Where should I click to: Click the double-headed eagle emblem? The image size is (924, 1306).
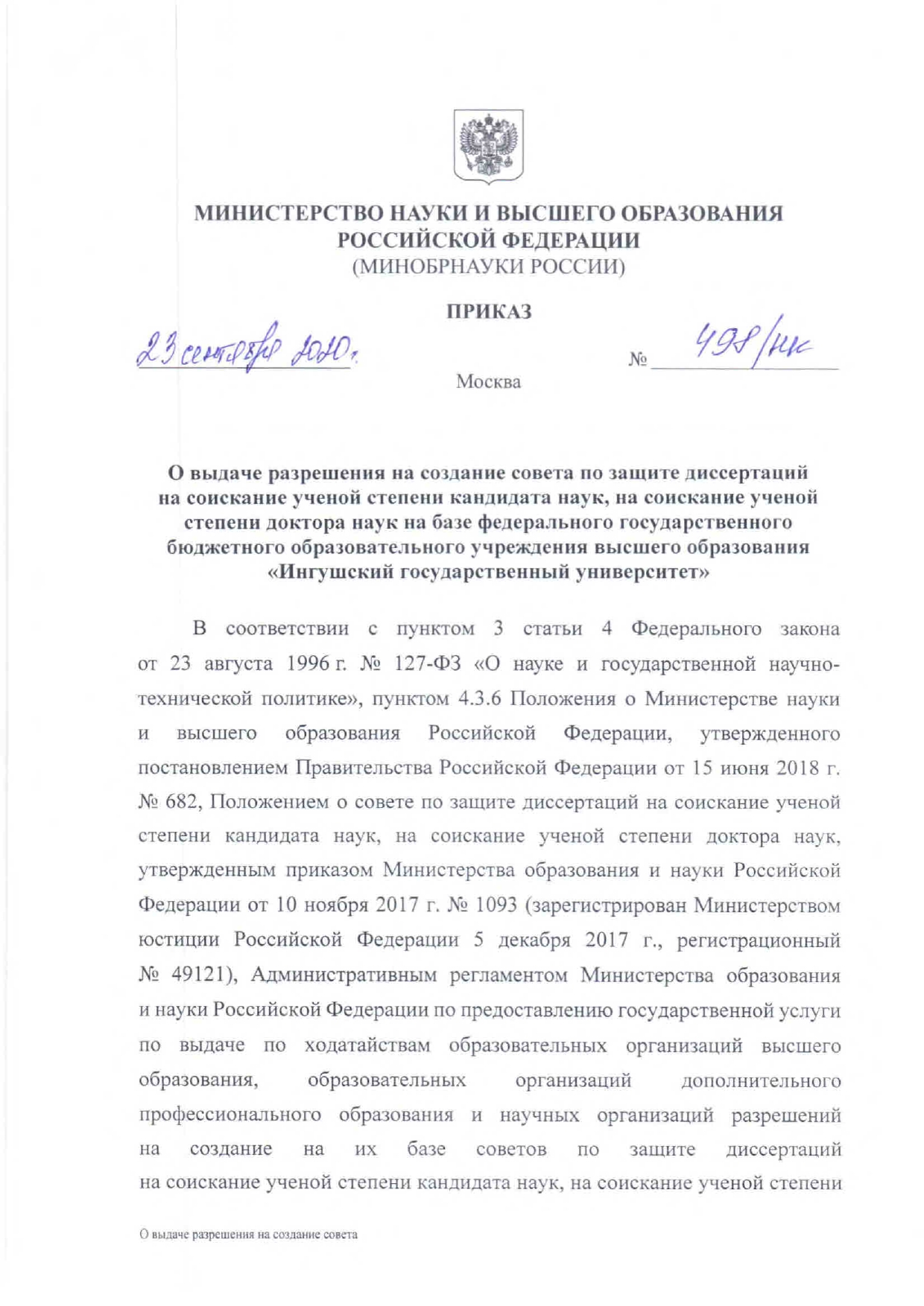point(488,145)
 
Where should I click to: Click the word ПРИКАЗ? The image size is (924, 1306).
point(489,311)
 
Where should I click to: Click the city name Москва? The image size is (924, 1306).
point(488,383)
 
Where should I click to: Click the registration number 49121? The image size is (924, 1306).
point(197,975)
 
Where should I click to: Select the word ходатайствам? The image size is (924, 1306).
point(367,1045)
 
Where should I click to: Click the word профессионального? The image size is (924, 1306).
point(230,1115)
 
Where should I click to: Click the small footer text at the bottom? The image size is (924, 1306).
point(248,1235)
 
